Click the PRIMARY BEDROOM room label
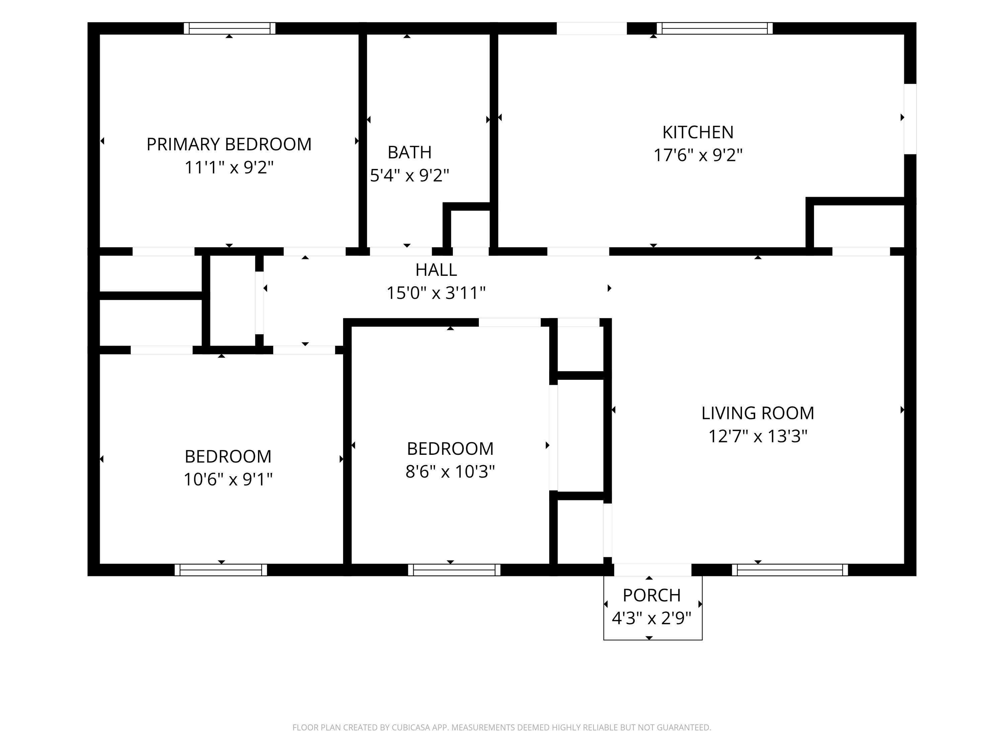229,144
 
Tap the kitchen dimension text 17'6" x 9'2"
698,155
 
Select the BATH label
409,153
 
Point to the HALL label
436,270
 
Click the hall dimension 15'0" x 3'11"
436,293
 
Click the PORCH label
651,595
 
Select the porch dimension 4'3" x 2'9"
651,618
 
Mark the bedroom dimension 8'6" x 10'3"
450,472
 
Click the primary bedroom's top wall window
230,28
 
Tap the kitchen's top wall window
715,28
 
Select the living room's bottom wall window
790,570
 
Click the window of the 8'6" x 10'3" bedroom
454,570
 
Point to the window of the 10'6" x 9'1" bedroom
221,570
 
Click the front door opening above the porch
653,570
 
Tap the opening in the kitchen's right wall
910,119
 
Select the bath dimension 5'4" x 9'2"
409,176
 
